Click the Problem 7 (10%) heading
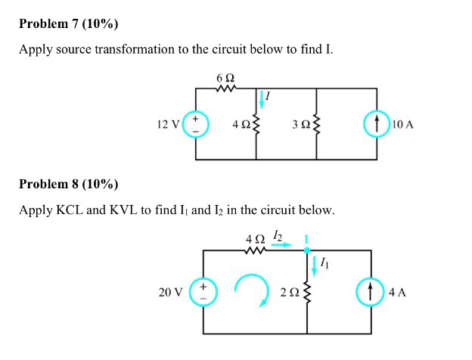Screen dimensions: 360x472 [68, 23]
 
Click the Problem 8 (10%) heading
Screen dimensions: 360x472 [68, 184]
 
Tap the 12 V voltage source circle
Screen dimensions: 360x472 [196, 124]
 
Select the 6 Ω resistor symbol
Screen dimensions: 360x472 [226, 88]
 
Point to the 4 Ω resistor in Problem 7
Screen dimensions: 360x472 [256, 124]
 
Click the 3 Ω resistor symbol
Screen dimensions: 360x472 [317, 124]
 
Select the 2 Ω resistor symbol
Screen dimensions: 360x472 [307, 292]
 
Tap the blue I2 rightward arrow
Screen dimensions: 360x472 [282, 244]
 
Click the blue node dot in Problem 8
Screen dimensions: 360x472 [307, 249]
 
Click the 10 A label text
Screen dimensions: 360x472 [403, 124]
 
